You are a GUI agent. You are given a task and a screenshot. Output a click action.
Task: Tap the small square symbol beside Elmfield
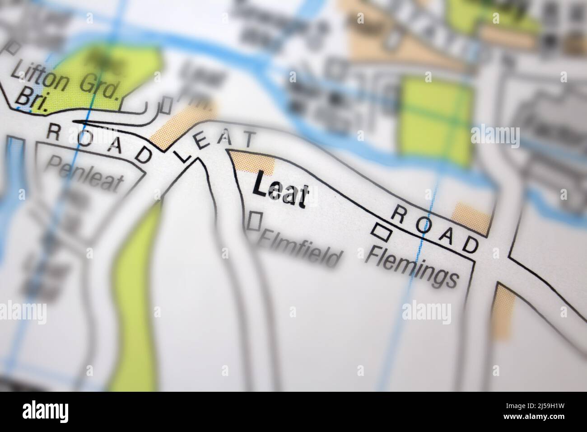tap(256, 221)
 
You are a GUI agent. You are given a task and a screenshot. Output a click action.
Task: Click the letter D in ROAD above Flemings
tap(470, 245)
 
